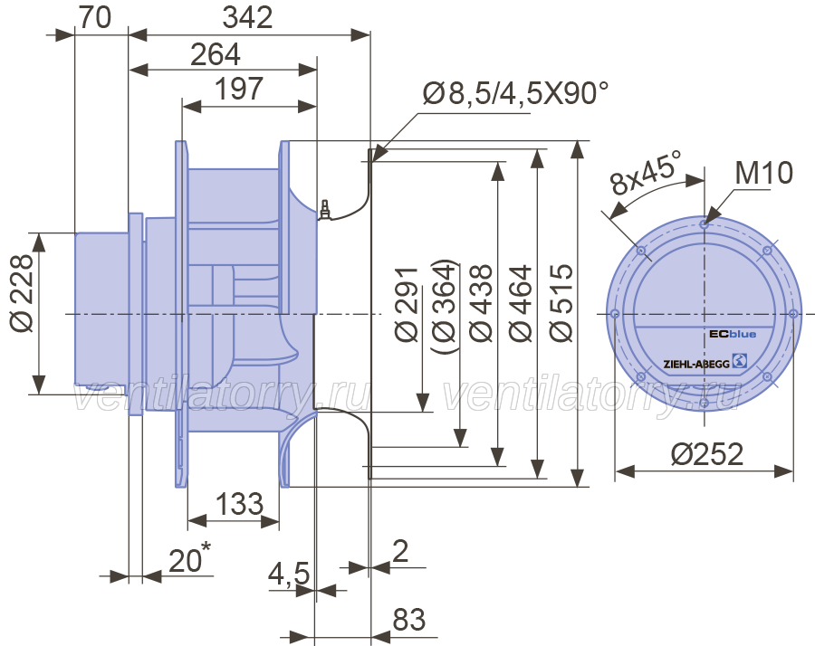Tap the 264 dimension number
coord(216,55)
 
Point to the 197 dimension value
coord(239,90)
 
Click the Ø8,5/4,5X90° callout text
coord(514,92)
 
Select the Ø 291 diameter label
coord(407,304)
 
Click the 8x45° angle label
coord(645,174)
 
